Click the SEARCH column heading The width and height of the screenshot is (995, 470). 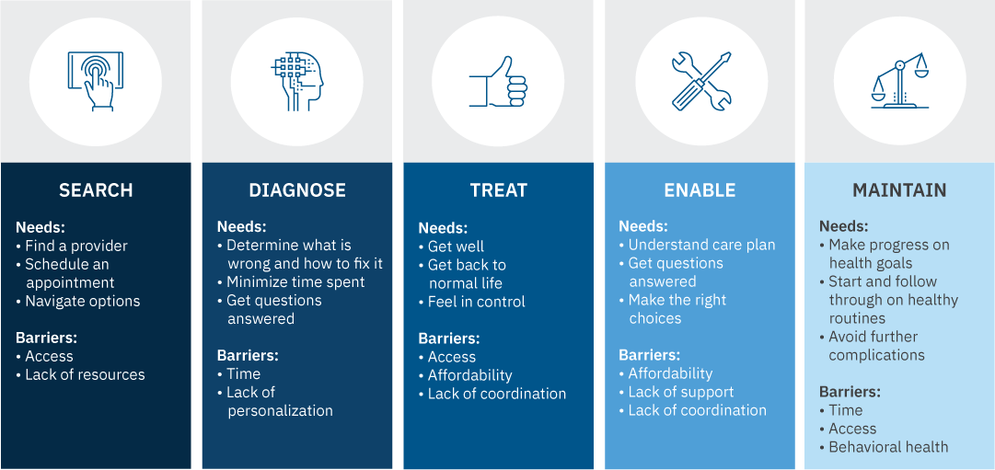point(96,190)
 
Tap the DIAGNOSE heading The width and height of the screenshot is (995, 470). point(297,190)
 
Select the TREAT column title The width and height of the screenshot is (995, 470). point(499,190)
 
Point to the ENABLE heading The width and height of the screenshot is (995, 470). point(700,190)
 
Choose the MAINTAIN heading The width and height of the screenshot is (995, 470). point(899,190)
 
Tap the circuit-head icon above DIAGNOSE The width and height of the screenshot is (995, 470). point(297,81)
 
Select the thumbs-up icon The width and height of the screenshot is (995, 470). point(498,81)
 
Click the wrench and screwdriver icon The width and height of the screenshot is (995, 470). point(700,81)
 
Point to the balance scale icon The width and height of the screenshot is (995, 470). point(899,81)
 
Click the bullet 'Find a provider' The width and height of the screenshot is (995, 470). point(75,246)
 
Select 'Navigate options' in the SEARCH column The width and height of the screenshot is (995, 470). point(82,301)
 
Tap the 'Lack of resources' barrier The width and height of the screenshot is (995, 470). point(85,374)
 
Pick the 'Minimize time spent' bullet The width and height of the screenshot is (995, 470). point(295,282)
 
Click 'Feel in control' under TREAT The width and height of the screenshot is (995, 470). point(476,302)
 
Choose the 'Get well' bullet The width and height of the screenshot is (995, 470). point(456,246)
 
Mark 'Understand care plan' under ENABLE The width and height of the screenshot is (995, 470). point(701,245)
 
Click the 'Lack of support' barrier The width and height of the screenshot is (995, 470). point(680,392)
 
